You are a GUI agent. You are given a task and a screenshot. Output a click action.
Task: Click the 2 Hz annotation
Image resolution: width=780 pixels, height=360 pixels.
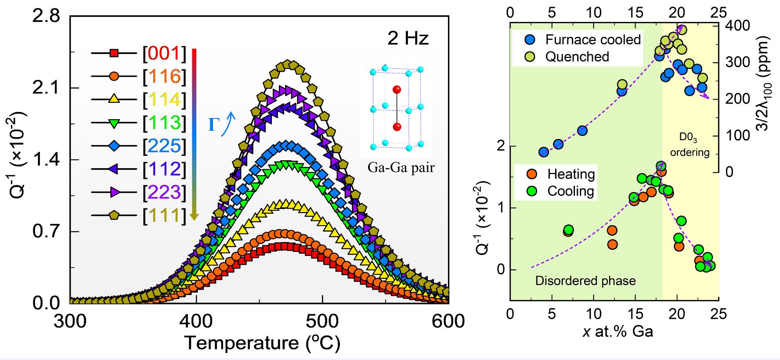pos(408,39)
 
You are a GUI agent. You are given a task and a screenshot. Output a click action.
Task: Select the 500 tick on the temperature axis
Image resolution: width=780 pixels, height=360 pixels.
pos(322,321)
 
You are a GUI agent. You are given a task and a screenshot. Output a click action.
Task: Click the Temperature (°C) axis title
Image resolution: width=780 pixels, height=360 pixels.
pos(262,343)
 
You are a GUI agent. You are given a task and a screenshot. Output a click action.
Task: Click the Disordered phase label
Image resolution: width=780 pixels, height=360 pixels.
pos(585,281)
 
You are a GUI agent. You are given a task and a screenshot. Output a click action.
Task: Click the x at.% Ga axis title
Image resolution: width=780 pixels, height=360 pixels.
pos(618,331)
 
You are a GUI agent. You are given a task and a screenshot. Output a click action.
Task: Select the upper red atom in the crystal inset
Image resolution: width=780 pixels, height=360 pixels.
pos(397,90)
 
